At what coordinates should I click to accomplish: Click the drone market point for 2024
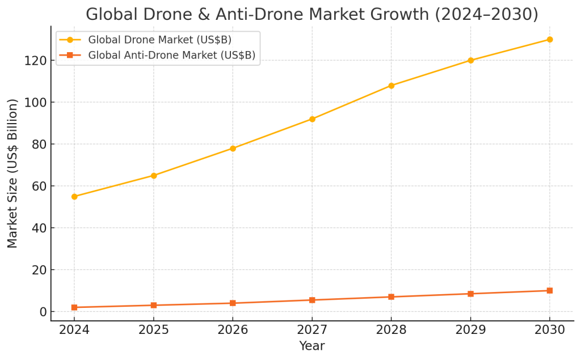tap(74, 197)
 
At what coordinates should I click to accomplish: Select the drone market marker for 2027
tap(312, 119)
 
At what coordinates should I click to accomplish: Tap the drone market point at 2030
tap(550, 40)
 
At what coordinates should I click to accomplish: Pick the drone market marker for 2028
tap(391, 86)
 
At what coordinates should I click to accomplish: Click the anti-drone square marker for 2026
tap(233, 303)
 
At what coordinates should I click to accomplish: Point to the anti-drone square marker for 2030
tap(550, 291)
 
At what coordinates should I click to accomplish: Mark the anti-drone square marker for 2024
tap(74, 307)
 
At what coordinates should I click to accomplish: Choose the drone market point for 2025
tap(154, 176)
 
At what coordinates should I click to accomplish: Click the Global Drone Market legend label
tap(159, 40)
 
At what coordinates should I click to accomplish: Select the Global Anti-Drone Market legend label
tap(171, 55)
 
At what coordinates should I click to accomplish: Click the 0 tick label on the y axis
tap(42, 312)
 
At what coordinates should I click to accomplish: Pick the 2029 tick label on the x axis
tap(470, 330)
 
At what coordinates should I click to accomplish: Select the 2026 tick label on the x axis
tap(233, 330)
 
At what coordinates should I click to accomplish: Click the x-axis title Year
tap(311, 345)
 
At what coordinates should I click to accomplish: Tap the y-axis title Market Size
tap(13, 173)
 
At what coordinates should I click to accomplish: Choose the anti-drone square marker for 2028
tap(391, 297)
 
